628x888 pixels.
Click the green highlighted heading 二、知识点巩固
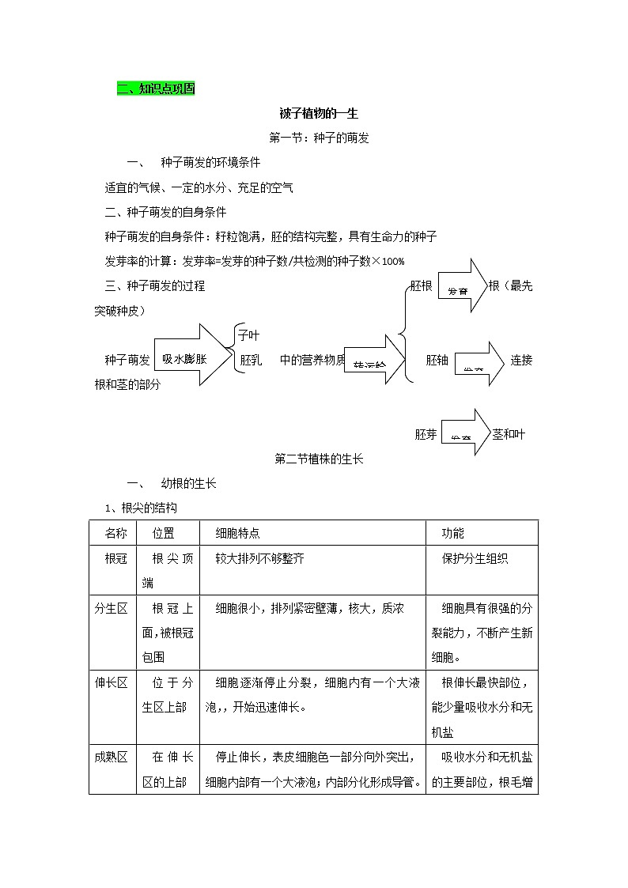pyautogui.click(x=155, y=89)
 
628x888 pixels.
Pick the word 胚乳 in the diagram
pyautogui.click(x=252, y=360)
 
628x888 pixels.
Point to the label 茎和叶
pyautogui.click(x=509, y=434)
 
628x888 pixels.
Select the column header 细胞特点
pyautogui.click(x=237, y=534)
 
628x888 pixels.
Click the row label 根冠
pyautogui.click(x=115, y=558)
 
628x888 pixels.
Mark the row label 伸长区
pyautogui.click(x=112, y=682)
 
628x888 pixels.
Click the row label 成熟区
pyautogui.click(x=112, y=757)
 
